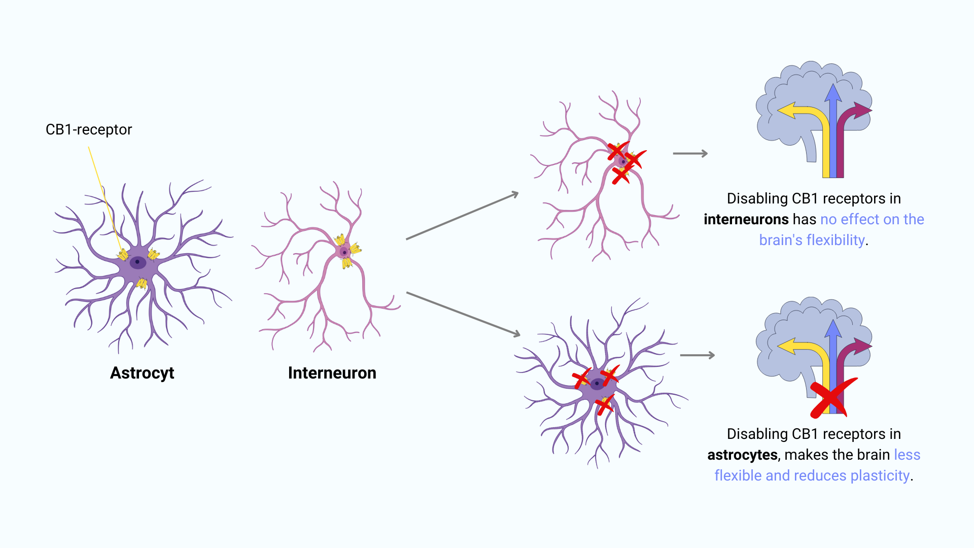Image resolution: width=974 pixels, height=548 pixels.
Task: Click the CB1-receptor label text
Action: point(89,130)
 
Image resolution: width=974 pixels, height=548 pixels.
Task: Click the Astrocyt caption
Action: point(142,373)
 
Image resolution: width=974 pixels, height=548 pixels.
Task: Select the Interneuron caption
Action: point(332,373)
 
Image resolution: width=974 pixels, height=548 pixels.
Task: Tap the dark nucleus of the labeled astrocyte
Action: point(137,262)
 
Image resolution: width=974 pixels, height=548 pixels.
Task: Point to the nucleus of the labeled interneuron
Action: point(344,252)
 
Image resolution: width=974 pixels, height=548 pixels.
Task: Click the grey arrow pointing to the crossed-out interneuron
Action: point(462,216)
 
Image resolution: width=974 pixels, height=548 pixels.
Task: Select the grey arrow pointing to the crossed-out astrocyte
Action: point(463,314)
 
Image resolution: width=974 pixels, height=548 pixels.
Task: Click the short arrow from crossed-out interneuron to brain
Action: point(690,153)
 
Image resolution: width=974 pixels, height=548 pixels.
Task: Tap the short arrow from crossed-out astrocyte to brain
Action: point(697,355)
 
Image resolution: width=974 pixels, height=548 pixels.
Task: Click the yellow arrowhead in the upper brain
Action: point(787,110)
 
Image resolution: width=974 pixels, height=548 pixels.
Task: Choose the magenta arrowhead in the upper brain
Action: point(862,110)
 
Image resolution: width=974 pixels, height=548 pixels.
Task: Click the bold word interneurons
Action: point(746,219)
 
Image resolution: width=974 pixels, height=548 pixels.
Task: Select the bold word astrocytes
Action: point(742,455)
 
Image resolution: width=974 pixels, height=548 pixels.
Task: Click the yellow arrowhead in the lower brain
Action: point(787,347)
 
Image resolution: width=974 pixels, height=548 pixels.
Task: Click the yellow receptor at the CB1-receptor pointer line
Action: point(123,254)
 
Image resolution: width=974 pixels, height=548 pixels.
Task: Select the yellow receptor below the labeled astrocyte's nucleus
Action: point(142,283)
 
